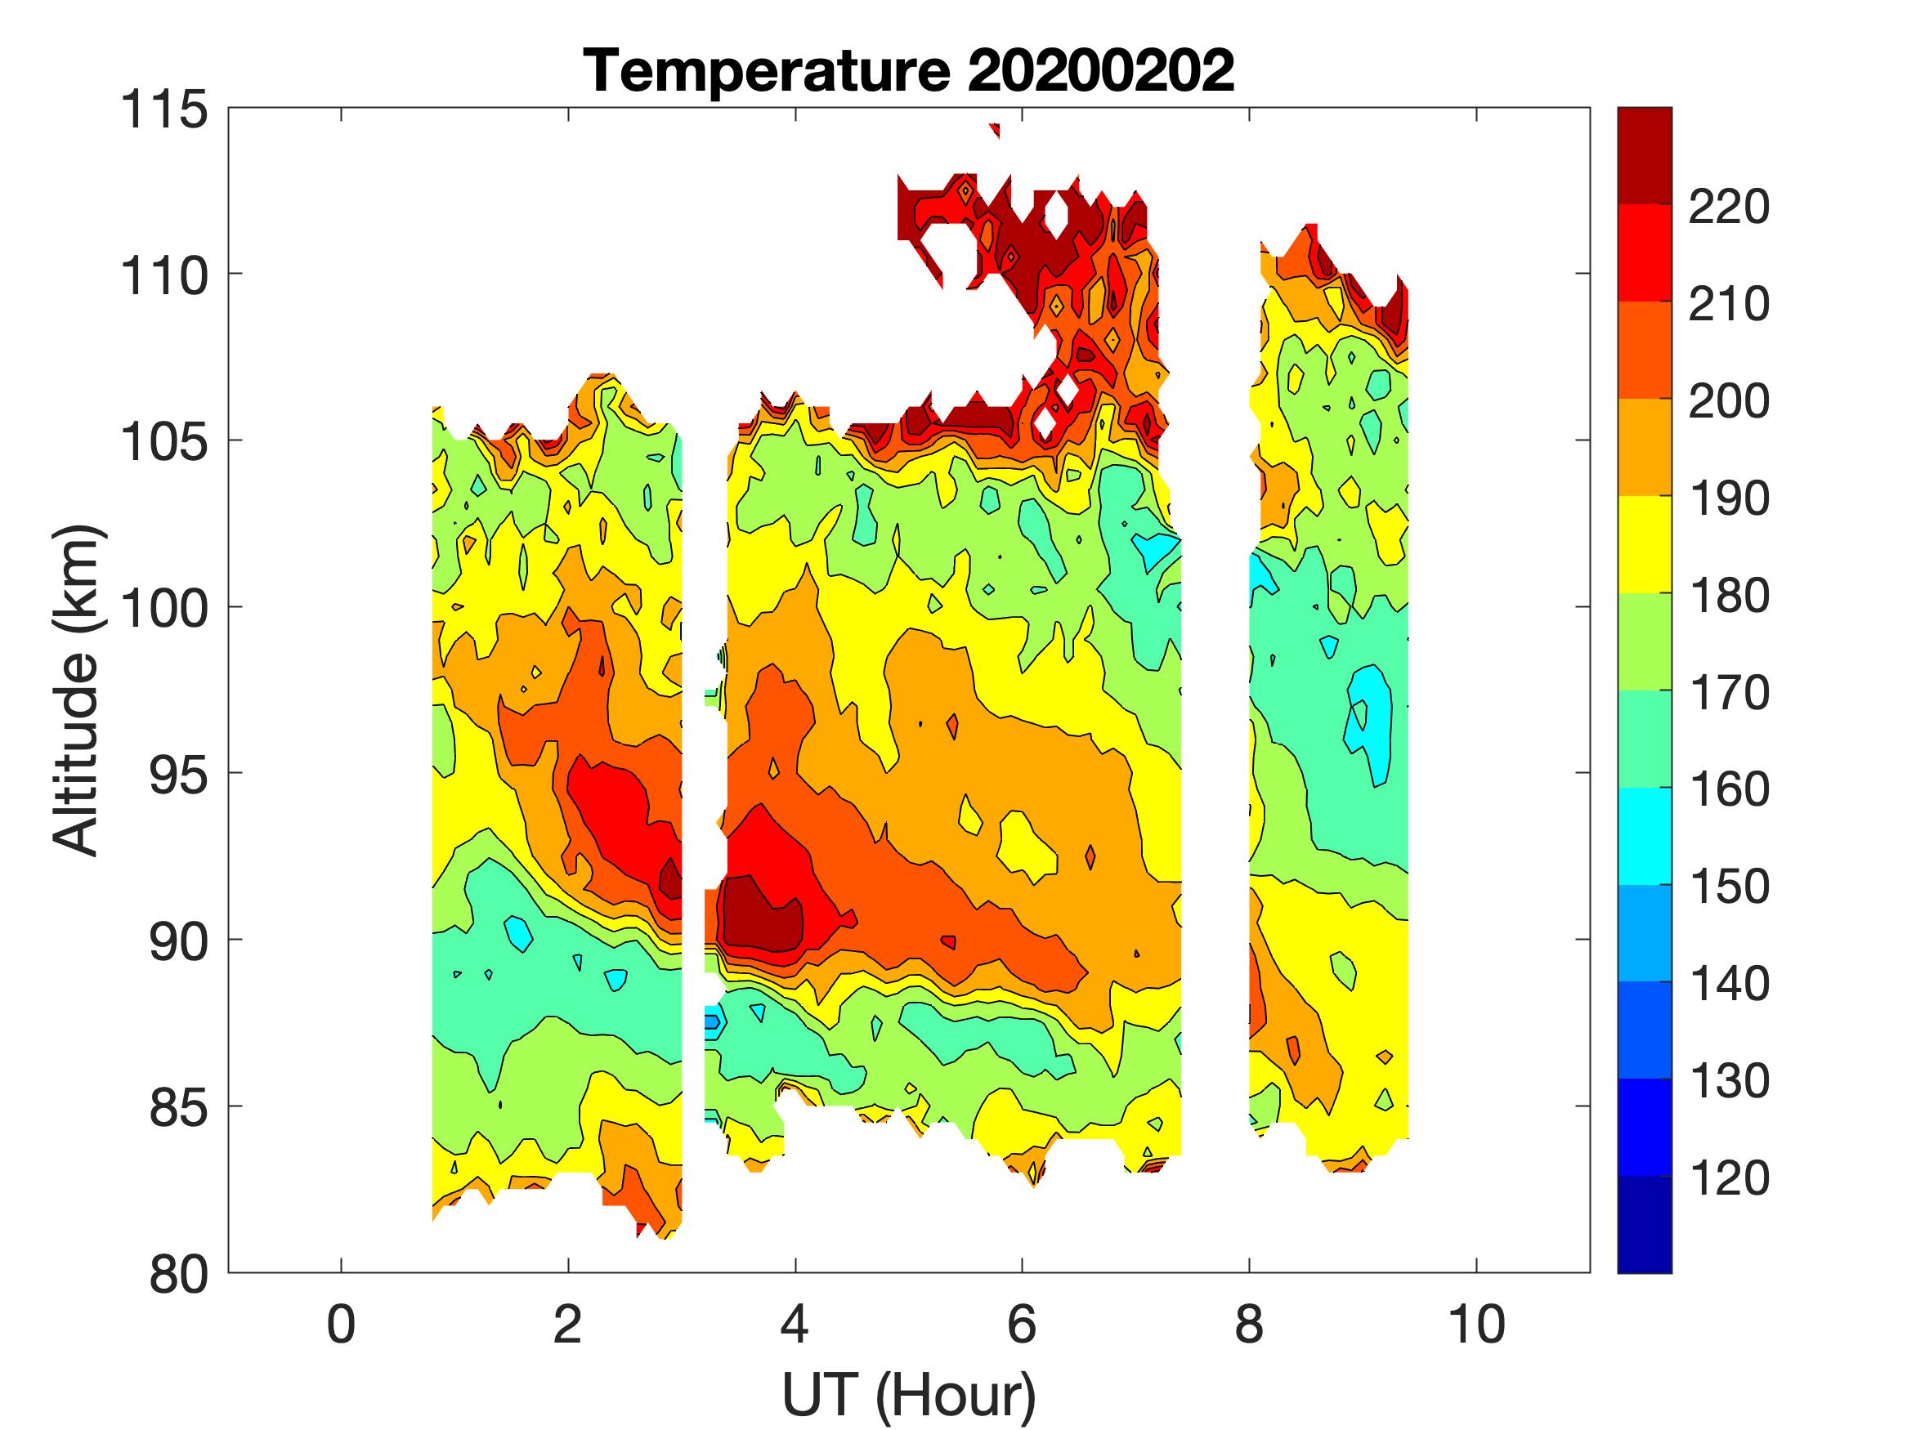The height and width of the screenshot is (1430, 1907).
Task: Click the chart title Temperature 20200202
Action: point(909,70)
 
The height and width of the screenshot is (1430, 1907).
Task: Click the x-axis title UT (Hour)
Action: point(909,1396)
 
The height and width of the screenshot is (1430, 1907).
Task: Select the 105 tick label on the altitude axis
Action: point(163,442)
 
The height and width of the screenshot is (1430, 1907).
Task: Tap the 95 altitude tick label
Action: point(177,775)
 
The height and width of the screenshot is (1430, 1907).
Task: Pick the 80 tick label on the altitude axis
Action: point(177,1274)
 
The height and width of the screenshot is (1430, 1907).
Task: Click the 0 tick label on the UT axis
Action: point(342,1325)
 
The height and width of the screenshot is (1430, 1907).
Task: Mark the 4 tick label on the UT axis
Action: point(795,1325)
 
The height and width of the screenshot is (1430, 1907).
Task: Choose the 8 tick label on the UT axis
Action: point(1249,1325)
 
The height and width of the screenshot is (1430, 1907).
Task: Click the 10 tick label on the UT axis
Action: point(1476,1325)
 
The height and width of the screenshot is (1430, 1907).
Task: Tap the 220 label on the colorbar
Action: point(1729,207)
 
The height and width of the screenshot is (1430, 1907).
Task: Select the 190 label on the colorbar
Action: point(1729,498)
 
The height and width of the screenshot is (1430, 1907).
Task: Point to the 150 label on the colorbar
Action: point(1729,887)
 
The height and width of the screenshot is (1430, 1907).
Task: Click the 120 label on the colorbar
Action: point(1729,1178)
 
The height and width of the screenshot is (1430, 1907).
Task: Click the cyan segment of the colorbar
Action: point(1644,836)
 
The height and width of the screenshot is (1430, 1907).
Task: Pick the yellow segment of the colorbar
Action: point(1644,545)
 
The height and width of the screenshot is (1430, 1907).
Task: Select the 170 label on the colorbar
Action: point(1729,693)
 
